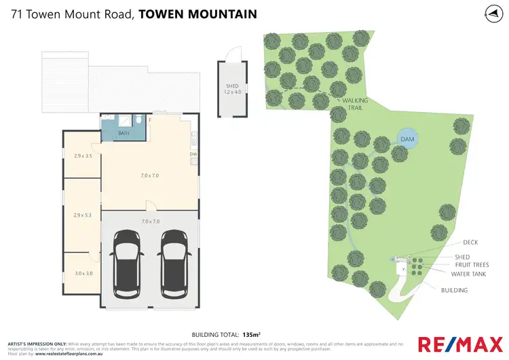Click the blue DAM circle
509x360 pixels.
pos(407,139)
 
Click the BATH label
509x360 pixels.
pos(124,133)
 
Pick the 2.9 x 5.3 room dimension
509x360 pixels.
pos(82,215)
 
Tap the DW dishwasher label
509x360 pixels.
pos(193,154)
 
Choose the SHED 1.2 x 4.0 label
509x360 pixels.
pos(233,89)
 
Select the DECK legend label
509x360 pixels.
pos(470,242)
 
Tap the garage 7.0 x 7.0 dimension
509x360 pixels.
pos(150,221)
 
